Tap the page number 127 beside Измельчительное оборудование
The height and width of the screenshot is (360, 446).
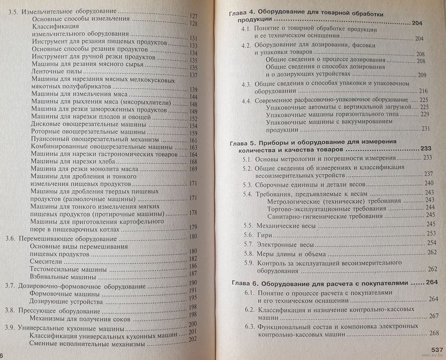point(193,16)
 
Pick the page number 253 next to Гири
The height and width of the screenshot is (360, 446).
point(430,233)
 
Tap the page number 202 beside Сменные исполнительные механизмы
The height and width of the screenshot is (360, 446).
point(193,339)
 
